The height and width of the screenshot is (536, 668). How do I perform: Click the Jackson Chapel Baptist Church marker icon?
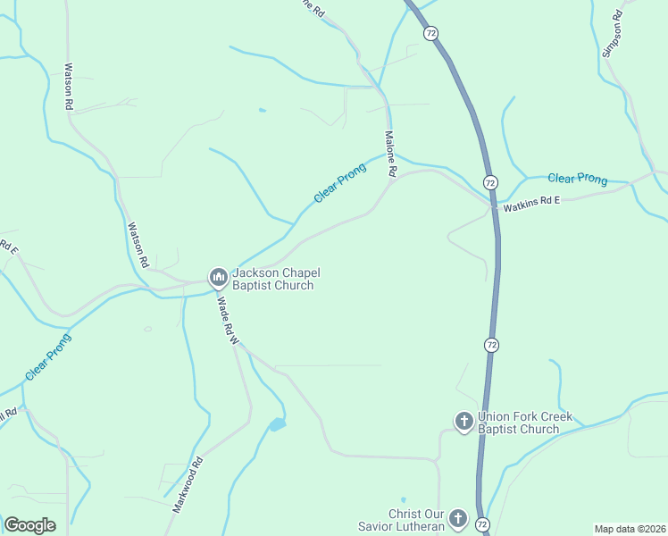217,279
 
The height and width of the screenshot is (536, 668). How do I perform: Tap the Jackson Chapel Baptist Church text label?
272,280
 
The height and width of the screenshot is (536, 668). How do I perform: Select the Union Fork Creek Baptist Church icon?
463,422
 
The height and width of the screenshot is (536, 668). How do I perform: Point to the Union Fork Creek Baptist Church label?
524,423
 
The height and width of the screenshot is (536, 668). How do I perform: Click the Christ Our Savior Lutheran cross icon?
458,519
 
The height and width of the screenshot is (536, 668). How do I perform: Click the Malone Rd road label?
390,155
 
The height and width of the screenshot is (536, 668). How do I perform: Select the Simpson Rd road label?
613,35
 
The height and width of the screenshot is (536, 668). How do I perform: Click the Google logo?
29,525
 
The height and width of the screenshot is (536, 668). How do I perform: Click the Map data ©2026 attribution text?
630,529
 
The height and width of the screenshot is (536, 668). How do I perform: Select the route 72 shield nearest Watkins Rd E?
490,182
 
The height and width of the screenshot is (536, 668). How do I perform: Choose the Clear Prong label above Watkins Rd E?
577,179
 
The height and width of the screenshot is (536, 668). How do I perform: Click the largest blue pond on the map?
277,425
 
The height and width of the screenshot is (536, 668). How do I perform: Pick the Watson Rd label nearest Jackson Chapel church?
137,246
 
